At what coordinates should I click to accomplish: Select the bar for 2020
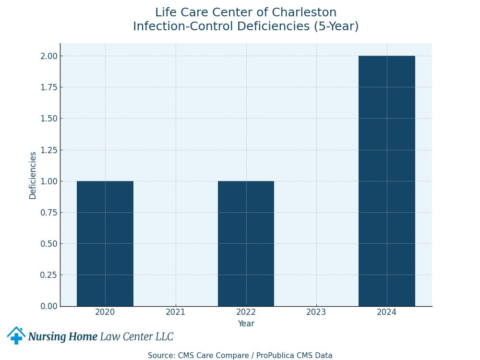coord(105,243)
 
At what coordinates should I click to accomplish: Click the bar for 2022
coord(246,243)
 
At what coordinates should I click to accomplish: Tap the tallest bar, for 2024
coord(387,181)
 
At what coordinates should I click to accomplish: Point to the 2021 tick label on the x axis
coord(176,312)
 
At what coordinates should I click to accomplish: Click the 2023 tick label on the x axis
coord(316,312)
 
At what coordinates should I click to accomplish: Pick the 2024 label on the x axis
coord(387,312)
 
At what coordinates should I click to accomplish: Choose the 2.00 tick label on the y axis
coord(48,56)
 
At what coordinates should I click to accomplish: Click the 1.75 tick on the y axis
coord(48,87)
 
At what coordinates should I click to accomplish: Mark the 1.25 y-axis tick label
coord(48,150)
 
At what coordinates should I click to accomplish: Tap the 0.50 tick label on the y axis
coord(48,244)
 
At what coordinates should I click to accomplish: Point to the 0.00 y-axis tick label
coord(48,306)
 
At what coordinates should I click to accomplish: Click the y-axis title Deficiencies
coord(33,175)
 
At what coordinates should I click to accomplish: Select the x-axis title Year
coord(246,324)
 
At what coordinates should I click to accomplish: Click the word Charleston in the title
coord(304,13)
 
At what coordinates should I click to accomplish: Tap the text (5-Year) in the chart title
coord(336,27)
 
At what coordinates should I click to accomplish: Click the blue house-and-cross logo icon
coord(16,336)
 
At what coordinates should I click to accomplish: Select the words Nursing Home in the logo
coord(63,337)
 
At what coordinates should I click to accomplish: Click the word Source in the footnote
coord(160,356)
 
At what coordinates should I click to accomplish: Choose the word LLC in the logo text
coord(164,337)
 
